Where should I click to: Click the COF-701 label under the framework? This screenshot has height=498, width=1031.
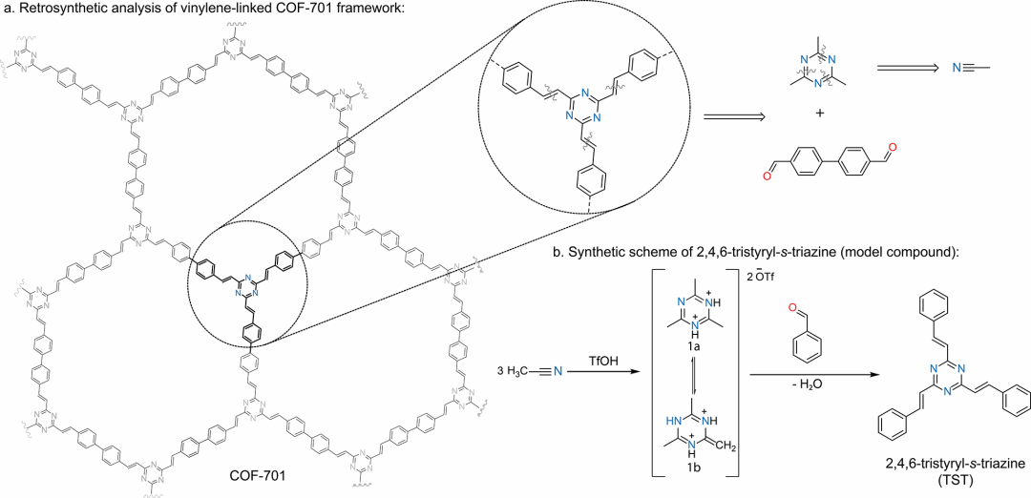coord(260,473)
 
